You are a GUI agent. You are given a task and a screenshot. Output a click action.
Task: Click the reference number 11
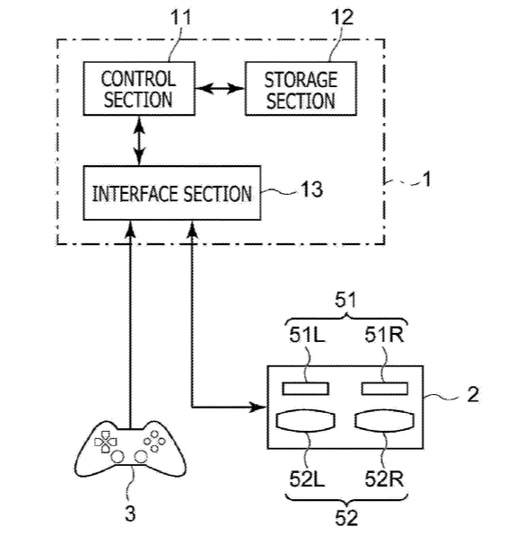180,16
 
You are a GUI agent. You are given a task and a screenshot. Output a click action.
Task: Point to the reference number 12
342,16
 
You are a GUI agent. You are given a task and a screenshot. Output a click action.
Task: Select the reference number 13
311,189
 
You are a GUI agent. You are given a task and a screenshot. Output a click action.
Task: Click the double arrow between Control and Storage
220,89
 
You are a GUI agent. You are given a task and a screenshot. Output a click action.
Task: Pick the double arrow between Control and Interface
139,141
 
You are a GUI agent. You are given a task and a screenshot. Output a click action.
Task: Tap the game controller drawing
130,448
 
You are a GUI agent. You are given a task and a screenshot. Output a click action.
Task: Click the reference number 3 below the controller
130,513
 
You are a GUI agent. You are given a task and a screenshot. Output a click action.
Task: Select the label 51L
307,335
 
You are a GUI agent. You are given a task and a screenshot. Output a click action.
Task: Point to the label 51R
384,335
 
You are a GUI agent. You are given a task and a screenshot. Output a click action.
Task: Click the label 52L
307,479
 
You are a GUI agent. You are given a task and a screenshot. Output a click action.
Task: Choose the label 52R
384,479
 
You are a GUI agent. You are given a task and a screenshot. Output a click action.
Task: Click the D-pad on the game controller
106,442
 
